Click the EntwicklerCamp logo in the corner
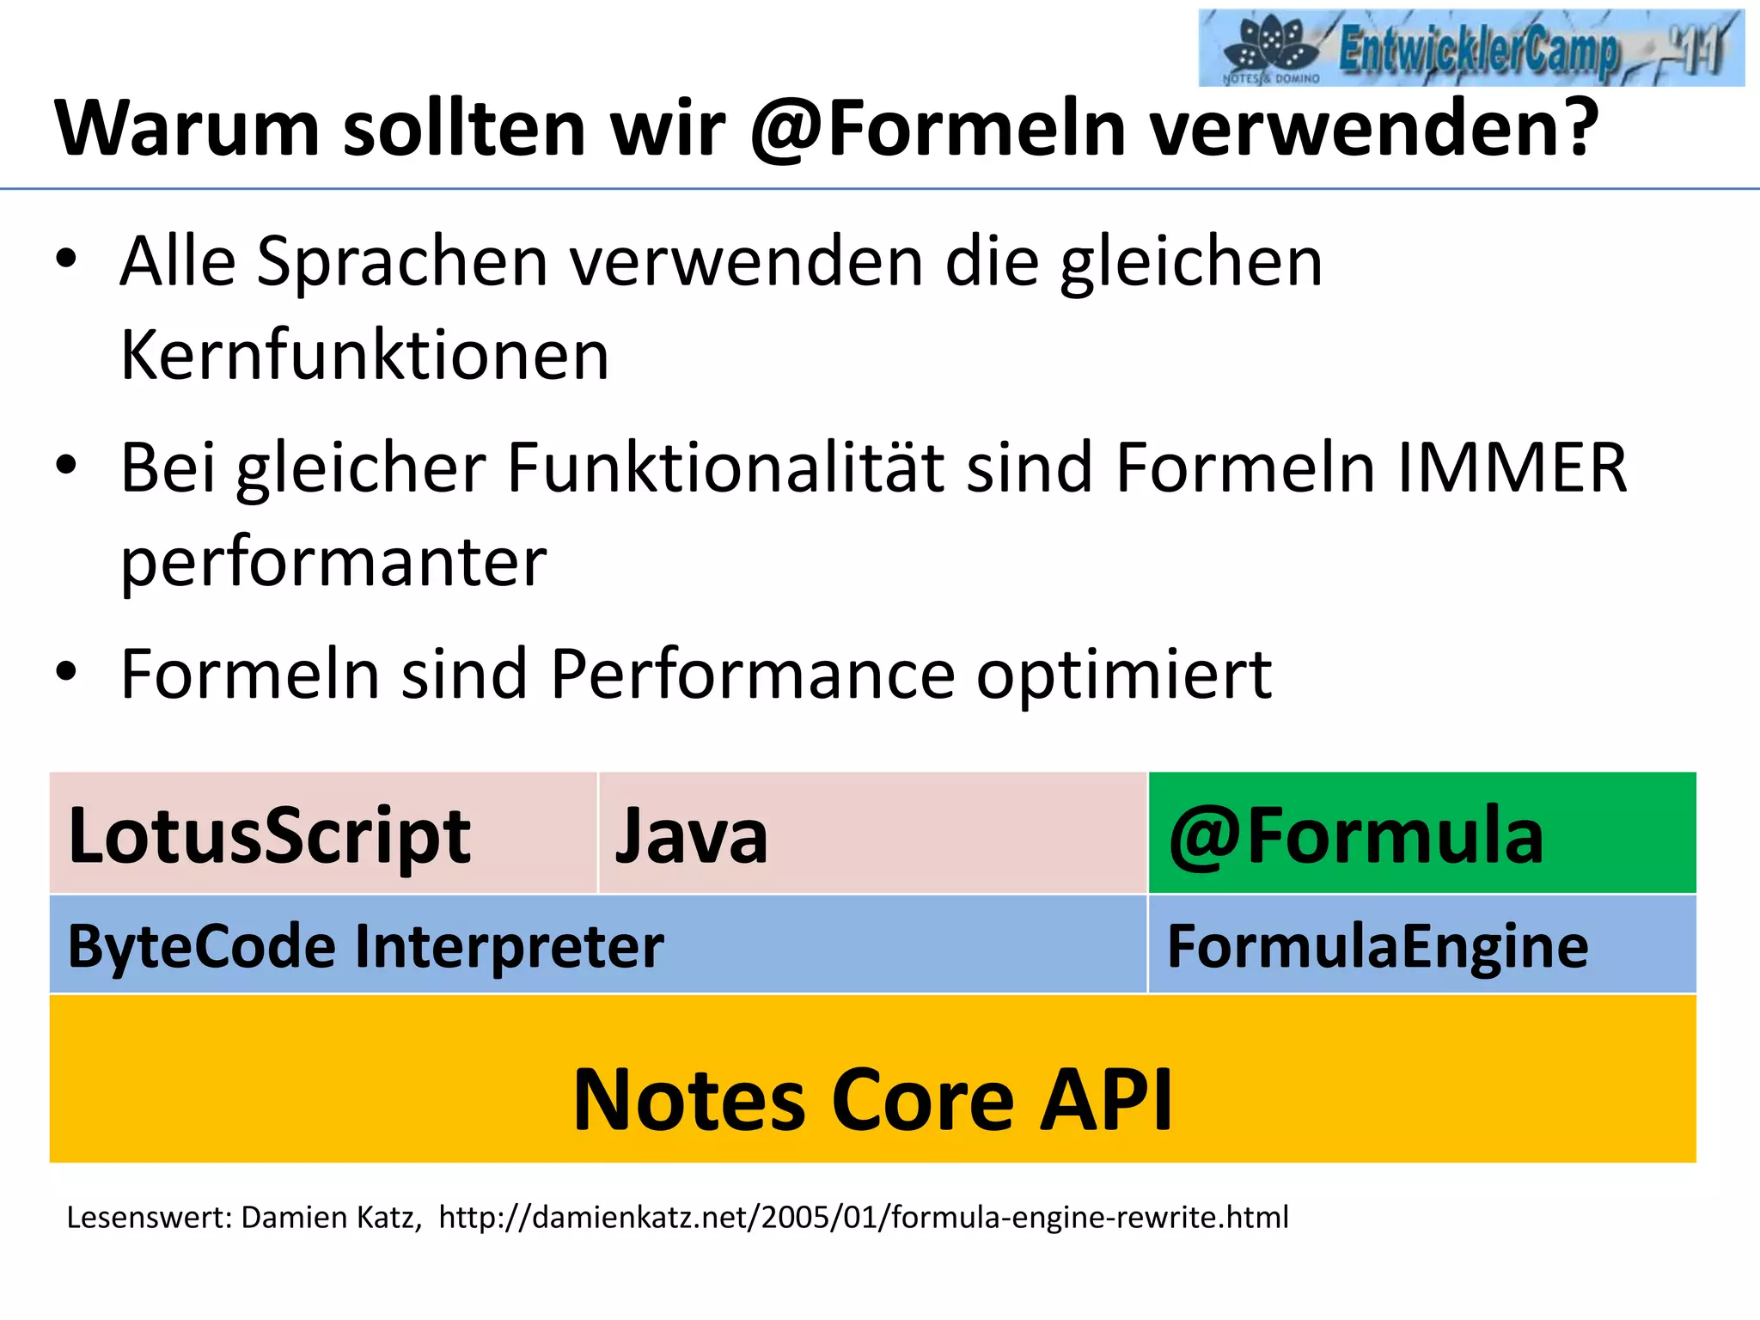tap(1470, 47)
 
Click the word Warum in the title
tap(187, 129)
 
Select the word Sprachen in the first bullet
tap(401, 262)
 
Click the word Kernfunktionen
tap(364, 355)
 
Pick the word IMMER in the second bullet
tap(1512, 468)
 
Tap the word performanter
tap(333, 563)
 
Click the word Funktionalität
tap(725, 468)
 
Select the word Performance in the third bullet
tap(752, 675)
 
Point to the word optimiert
tap(1124, 675)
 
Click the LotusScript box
tap(323, 833)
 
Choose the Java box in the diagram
tap(872, 833)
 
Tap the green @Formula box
tap(1422, 833)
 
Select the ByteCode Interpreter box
tap(598, 944)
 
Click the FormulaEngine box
tap(1422, 944)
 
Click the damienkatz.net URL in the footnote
tap(864, 1218)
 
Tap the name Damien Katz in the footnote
tap(331, 1218)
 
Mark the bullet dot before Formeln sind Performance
tap(66, 672)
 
